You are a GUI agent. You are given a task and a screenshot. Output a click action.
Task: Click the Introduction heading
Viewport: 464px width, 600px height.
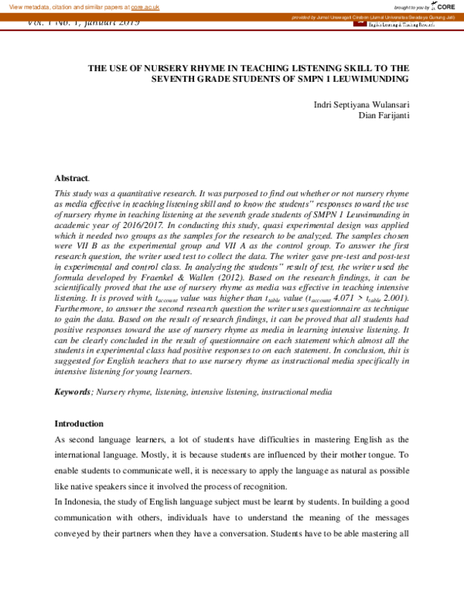pyautogui.click(x=78, y=424)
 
